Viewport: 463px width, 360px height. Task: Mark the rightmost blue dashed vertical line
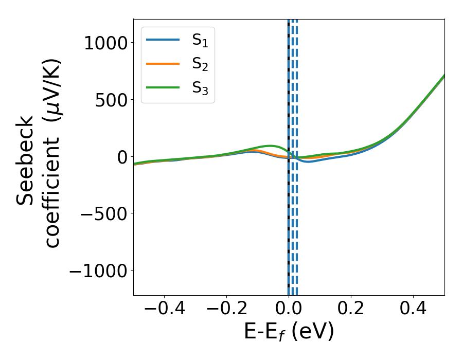point(297,154)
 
